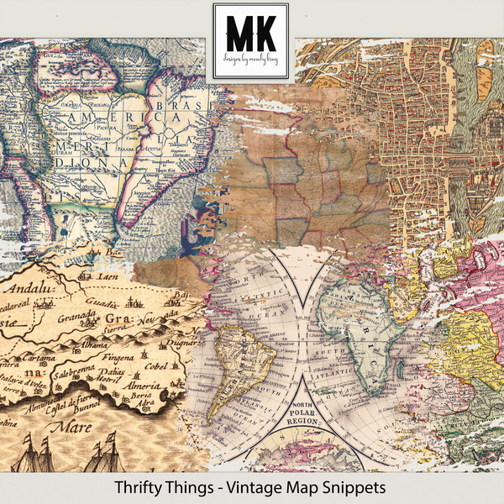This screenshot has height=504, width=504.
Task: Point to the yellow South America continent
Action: [251, 336]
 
